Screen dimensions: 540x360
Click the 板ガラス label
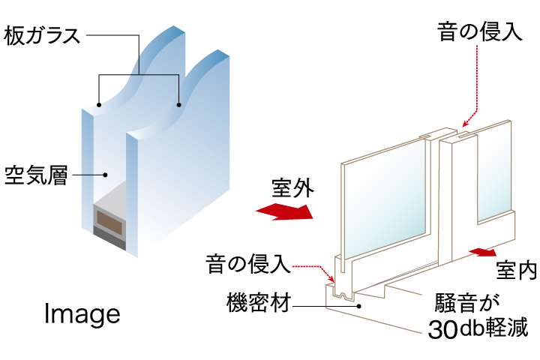42,36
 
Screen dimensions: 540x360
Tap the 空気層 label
36,175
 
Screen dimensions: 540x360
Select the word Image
82,313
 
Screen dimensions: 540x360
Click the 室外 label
292,188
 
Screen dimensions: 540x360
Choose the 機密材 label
259,302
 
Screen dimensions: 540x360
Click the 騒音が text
467,303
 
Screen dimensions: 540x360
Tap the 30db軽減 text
478,328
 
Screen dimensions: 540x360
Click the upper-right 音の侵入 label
480,31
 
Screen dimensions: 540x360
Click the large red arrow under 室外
285,211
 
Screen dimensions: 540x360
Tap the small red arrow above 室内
482,252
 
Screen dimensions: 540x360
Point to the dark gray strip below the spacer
109,238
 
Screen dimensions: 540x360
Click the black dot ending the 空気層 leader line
106,175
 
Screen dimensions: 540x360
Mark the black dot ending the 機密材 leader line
358,306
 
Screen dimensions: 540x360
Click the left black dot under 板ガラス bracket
99,105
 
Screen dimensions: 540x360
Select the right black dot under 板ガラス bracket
178,105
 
